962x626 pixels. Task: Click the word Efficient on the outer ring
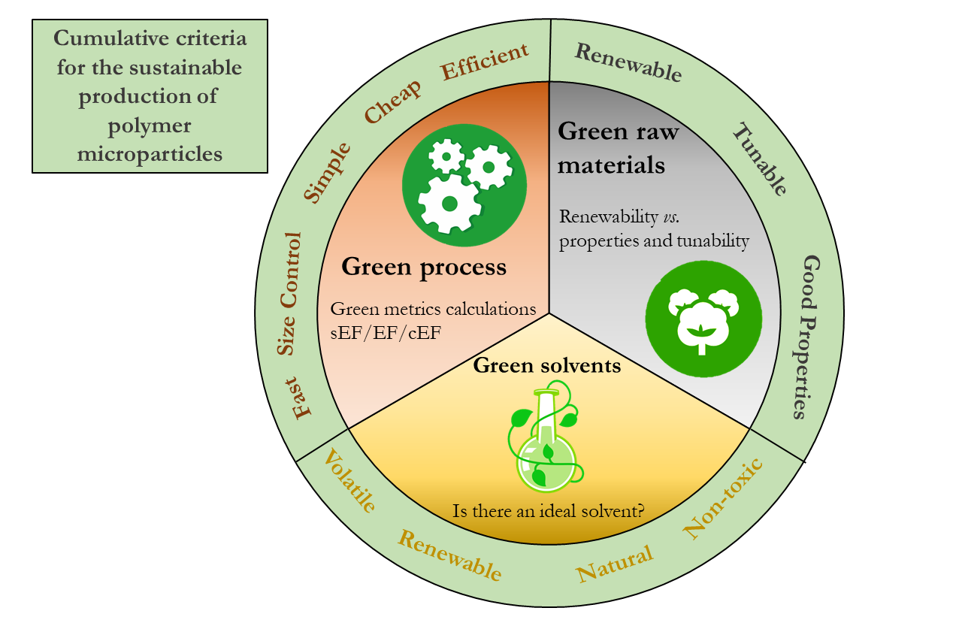485,62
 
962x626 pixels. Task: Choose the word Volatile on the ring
348,481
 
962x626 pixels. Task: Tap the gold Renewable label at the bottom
449,555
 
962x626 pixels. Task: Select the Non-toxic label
723,497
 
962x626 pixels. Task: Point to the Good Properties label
809,337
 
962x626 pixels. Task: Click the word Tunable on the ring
760,161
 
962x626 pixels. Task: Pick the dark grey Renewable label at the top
628,62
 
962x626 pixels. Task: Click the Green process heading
424,267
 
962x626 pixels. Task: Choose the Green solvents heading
546,366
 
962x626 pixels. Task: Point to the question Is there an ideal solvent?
548,511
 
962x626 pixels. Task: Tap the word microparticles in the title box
150,154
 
